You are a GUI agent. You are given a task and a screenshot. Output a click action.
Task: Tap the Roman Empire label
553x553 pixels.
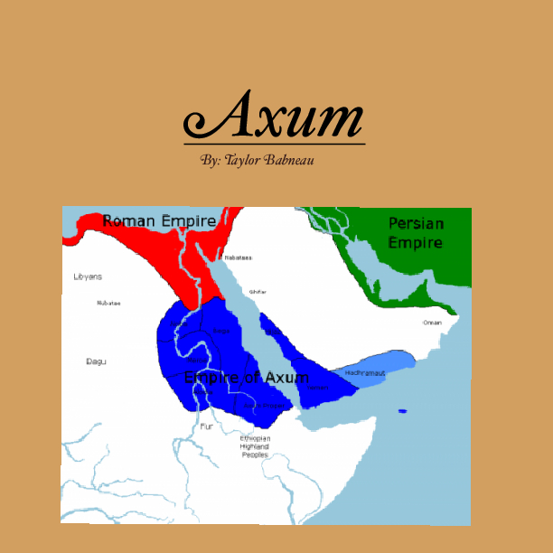click(159, 220)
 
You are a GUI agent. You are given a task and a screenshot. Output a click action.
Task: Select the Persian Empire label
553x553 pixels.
click(416, 232)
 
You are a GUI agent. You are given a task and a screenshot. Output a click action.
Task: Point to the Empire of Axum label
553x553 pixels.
click(246, 377)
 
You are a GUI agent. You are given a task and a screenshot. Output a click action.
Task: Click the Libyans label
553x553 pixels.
click(88, 276)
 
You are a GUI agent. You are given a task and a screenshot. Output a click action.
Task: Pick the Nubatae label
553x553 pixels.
click(108, 303)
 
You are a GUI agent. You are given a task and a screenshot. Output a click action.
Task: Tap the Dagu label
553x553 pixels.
click(96, 361)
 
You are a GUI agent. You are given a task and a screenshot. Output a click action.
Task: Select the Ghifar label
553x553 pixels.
click(258, 292)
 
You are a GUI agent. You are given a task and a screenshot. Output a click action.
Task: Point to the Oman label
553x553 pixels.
click(433, 323)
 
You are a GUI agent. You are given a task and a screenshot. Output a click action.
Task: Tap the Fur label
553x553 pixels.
click(207, 426)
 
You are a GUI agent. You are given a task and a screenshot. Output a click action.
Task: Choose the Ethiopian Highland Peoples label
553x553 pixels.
click(255, 446)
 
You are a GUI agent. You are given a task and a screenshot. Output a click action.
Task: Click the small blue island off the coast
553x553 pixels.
click(402, 412)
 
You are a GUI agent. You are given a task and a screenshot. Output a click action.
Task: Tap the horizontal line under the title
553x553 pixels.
click(274, 144)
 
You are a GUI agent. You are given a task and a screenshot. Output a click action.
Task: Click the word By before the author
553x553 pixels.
click(210, 159)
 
